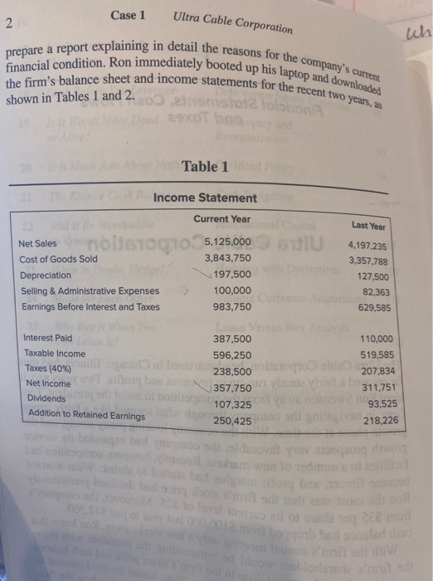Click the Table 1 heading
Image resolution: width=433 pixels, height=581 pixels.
tap(205, 167)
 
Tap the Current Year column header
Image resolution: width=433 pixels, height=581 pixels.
tap(221, 218)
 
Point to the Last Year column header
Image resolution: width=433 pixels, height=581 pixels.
tap(367, 226)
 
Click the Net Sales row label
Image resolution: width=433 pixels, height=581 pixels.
tap(37, 243)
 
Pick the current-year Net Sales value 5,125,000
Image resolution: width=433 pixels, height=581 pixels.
tap(226, 242)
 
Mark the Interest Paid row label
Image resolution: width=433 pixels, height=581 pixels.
tap(47, 338)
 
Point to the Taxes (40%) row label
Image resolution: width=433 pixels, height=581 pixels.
tap(47, 368)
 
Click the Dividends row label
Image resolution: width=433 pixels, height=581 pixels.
tap(45, 398)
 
